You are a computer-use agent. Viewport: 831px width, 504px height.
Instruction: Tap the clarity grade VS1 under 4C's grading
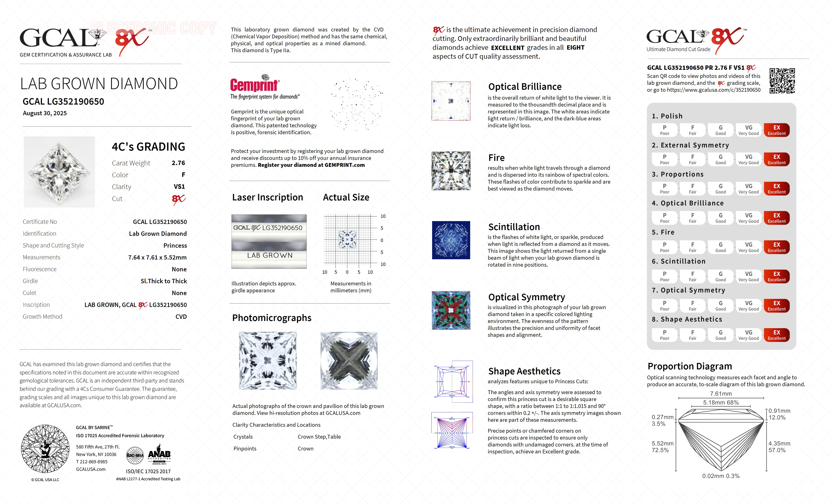click(179, 187)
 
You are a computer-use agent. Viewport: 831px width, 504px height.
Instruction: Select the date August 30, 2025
click(45, 113)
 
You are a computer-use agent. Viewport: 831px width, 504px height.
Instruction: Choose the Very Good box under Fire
click(748, 247)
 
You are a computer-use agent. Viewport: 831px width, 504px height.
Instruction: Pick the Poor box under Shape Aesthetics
click(664, 335)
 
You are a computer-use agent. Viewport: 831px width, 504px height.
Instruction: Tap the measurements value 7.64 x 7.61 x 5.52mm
click(157, 257)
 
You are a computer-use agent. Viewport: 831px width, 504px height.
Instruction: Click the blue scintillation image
click(451, 240)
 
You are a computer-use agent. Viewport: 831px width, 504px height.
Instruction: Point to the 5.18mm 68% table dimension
click(721, 403)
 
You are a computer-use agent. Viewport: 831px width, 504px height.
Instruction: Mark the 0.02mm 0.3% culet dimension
click(721, 476)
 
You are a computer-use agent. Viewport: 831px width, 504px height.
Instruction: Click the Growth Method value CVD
click(181, 317)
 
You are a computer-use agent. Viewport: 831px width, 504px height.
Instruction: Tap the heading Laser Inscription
click(268, 197)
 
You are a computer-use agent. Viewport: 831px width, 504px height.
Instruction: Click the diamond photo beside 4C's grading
click(59, 172)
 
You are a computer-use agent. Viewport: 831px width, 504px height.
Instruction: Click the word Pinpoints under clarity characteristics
click(245, 449)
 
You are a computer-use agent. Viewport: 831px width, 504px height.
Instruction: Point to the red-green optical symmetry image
click(451, 310)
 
